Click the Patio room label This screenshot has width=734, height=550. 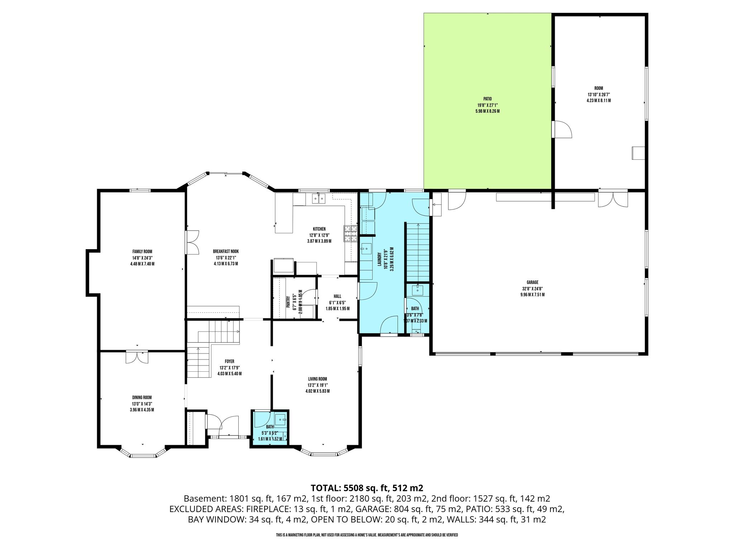[x=487, y=99]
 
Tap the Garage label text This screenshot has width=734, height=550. [x=533, y=283]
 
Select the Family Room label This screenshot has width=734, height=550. [x=142, y=252]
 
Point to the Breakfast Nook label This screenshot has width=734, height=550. [x=226, y=252]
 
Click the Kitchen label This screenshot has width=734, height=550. [x=319, y=229]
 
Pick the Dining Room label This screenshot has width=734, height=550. [x=142, y=397]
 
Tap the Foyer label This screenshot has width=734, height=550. [x=229, y=362]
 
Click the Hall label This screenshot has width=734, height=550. [x=338, y=296]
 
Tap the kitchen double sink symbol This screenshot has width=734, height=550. [x=318, y=198]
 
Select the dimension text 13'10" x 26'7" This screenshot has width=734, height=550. [x=599, y=95]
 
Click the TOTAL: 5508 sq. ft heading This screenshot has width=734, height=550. [x=367, y=488]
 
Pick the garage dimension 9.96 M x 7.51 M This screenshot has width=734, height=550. [x=533, y=295]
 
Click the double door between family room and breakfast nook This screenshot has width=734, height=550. [x=192, y=242]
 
